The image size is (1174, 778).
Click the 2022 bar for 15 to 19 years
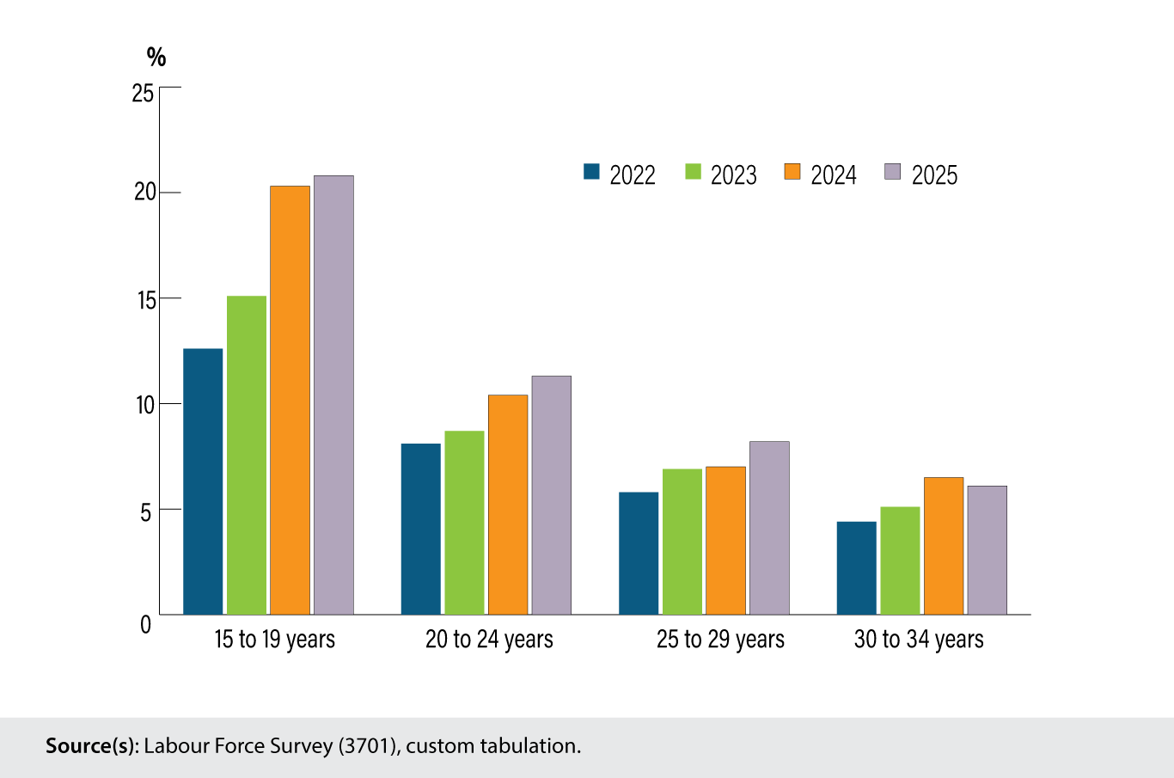(x=203, y=481)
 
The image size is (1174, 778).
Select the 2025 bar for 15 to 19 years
(x=333, y=395)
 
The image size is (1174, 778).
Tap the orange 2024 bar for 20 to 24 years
(x=508, y=505)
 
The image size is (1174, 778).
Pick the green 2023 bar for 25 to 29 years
(x=682, y=542)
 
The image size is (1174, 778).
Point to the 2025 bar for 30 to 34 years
(x=987, y=550)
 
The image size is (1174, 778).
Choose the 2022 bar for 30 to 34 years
(x=856, y=568)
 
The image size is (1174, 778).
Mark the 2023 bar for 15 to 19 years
(x=247, y=456)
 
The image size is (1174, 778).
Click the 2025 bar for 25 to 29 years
(x=769, y=528)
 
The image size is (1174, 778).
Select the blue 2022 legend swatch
(x=591, y=171)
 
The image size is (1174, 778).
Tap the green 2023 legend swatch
(x=693, y=171)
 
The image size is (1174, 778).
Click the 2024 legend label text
(x=834, y=175)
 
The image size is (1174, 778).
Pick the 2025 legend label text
(x=934, y=175)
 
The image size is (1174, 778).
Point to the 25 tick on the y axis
(x=143, y=92)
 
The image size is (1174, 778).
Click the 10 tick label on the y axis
(x=145, y=405)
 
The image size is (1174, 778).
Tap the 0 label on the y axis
(x=146, y=624)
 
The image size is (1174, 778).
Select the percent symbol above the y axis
(x=156, y=57)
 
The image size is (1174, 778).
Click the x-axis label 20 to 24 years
(x=489, y=640)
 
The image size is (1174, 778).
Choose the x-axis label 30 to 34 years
(x=919, y=640)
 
